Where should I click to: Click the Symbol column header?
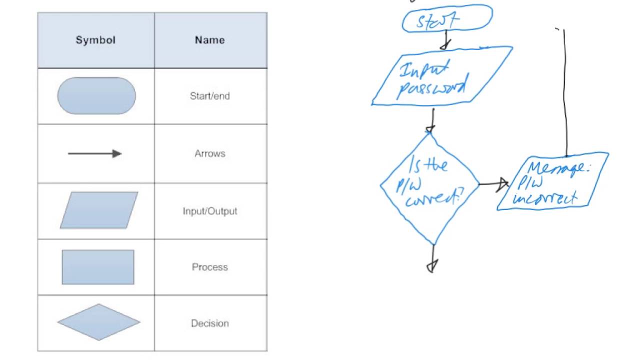click(x=95, y=40)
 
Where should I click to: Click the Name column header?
click(x=209, y=40)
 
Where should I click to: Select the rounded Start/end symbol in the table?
click(x=96, y=96)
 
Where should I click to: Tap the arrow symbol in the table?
click(x=95, y=153)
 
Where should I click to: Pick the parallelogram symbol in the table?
click(x=99, y=210)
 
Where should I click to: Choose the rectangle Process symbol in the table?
click(x=98, y=267)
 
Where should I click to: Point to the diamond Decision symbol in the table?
click(x=99, y=322)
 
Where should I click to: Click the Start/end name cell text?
click(x=209, y=96)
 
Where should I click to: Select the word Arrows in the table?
click(x=209, y=153)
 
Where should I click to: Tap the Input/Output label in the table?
click(x=209, y=211)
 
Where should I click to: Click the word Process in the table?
click(x=209, y=267)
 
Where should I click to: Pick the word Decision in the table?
click(x=209, y=323)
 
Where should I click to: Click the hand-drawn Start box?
click(x=446, y=19)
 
